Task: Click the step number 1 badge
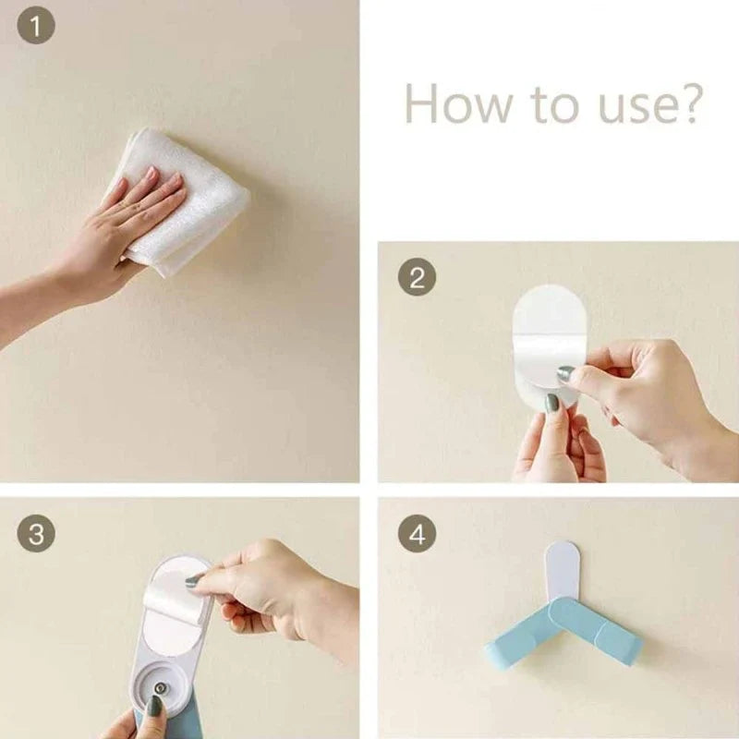pos(36,27)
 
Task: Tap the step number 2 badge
pos(417,277)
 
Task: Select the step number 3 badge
pos(36,533)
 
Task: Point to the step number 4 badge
pos(417,533)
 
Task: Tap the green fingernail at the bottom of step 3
pos(154,708)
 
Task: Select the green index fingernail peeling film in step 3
pos(194,581)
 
